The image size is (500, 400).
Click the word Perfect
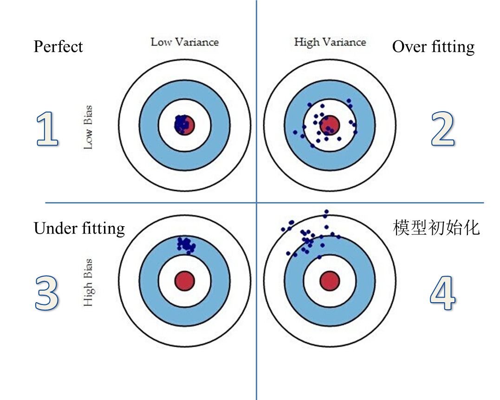coord(58,46)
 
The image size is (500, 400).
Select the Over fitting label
coord(433,47)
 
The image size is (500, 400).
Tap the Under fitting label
coord(79,229)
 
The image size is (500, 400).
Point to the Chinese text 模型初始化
coord(436,228)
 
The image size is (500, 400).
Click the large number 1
coord(47,130)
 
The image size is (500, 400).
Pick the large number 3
coord(47,293)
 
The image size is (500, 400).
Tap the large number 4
coord(443,294)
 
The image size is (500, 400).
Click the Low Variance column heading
coord(184,42)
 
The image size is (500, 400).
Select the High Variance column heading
coord(330,42)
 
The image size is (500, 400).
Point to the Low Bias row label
coord(88,127)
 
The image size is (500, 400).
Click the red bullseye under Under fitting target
coord(184,280)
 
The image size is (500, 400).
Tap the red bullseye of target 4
coord(330,280)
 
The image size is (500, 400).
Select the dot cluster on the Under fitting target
coord(186,244)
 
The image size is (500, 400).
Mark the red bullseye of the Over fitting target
coord(330,124)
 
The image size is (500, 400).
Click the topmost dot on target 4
coord(326,212)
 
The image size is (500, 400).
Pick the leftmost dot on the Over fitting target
coord(295,132)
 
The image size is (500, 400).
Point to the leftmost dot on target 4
coord(283,229)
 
